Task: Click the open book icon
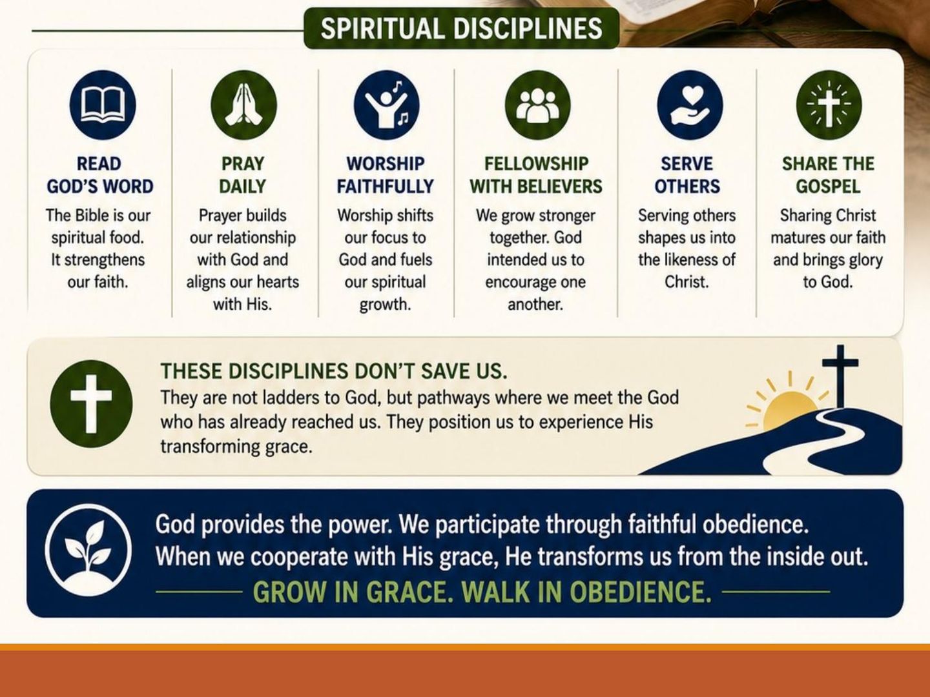(x=103, y=105)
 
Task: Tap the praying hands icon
(x=243, y=105)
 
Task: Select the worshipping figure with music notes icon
(x=386, y=105)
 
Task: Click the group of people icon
(x=537, y=105)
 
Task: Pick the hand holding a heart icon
(x=690, y=105)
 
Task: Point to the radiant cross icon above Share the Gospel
(x=829, y=105)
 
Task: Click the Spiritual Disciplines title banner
(x=461, y=28)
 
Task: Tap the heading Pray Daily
(x=243, y=175)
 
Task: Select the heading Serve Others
(x=687, y=175)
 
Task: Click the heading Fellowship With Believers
(x=536, y=175)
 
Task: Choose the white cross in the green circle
(x=91, y=404)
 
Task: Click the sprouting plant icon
(x=88, y=550)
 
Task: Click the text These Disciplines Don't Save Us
(x=334, y=371)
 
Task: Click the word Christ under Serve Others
(x=687, y=282)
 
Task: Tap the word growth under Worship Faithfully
(x=385, y=305)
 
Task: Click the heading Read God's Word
(x=100, y=175)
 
